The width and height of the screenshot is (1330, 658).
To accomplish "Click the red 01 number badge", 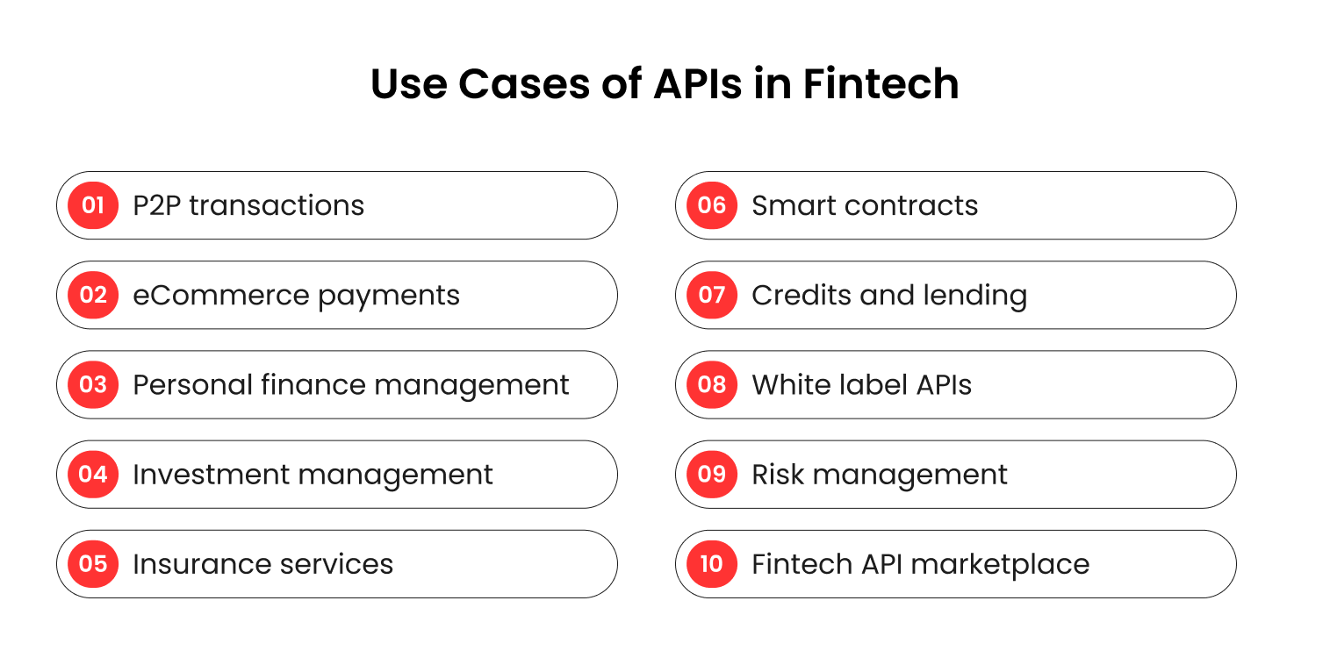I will [93, 205].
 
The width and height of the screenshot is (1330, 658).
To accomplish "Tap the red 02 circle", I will [93, 295].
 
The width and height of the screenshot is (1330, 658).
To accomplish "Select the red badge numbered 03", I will [93, 384].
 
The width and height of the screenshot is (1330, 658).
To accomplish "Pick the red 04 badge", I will [93, 475].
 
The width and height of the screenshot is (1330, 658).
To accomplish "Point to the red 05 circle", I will [93, 564].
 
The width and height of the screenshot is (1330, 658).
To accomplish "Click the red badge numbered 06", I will [712, 205].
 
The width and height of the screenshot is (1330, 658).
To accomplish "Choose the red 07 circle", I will [712, 295].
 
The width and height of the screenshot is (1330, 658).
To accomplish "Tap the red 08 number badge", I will [712, 384].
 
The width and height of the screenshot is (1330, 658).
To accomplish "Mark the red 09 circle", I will [712, 475].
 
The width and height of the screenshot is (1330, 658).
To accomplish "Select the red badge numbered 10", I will [712, 564].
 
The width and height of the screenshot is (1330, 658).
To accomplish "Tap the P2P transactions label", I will [248, 205].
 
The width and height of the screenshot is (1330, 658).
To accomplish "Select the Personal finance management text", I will [351, 385].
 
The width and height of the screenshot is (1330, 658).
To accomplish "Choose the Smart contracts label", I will [865, 205].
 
